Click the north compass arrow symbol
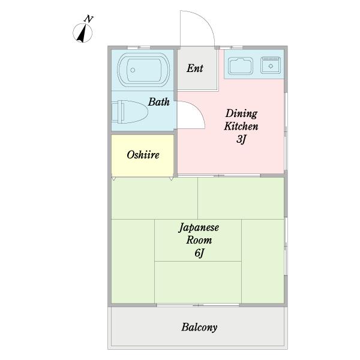(82, 33)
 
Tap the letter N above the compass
(88, 19)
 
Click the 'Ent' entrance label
(194, 68)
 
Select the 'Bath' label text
(158, 102)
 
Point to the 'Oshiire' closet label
(143, 155)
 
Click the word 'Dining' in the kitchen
(241, 113)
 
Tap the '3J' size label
(241, 139)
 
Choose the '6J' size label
(199, 253)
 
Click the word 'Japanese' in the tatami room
(199, 228)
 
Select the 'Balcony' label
(199, 327)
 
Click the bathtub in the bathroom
(143, 70)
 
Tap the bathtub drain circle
(133, 70)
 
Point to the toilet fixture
(130, 112)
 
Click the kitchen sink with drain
(271, 65)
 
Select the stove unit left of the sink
(241, 66)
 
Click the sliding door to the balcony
(198, 305)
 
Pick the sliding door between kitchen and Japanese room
(219, 176)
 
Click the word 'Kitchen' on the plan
(241, 126)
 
